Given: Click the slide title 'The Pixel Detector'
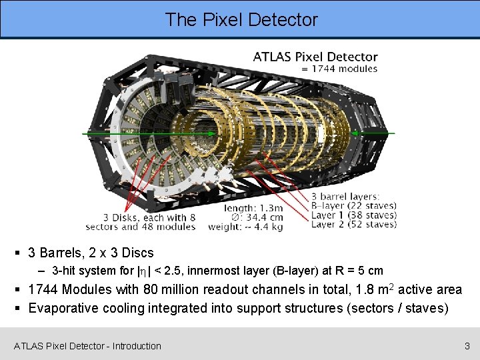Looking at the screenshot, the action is (241, 19).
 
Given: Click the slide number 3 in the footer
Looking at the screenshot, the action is (467, 346).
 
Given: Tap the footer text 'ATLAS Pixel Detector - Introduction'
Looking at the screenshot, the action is (87, 346).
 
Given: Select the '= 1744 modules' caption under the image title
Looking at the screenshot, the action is (339, 69).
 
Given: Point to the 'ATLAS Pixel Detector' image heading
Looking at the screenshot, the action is (315, 57).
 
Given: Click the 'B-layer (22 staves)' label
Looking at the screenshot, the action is (354, 205).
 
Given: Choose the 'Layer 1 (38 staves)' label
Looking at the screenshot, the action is (354, 215).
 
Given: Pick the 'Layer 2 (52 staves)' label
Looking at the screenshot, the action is (354, 224).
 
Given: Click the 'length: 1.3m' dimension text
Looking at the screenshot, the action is (253, 208).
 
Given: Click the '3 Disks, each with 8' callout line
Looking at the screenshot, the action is (149, 217).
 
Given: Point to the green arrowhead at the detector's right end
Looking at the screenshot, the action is (355, 133).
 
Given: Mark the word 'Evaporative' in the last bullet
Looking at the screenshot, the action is (61, 308).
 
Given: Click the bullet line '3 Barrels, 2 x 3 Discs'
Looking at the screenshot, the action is (91, 253).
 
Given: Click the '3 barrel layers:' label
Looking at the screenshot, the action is (345, 196).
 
